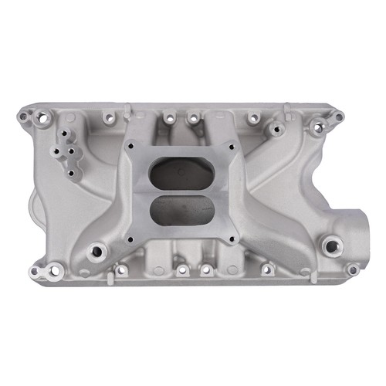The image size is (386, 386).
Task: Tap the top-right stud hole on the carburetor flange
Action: coord(229,144)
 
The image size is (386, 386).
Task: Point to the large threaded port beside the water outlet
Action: coord(332,247)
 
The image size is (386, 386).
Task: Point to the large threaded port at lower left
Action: coord(96,250)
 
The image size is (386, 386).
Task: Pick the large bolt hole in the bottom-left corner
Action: coord(56,270)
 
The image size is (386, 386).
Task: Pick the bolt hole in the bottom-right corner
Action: coord(352,269)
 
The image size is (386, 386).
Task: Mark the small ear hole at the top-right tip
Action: coord(339,117)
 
